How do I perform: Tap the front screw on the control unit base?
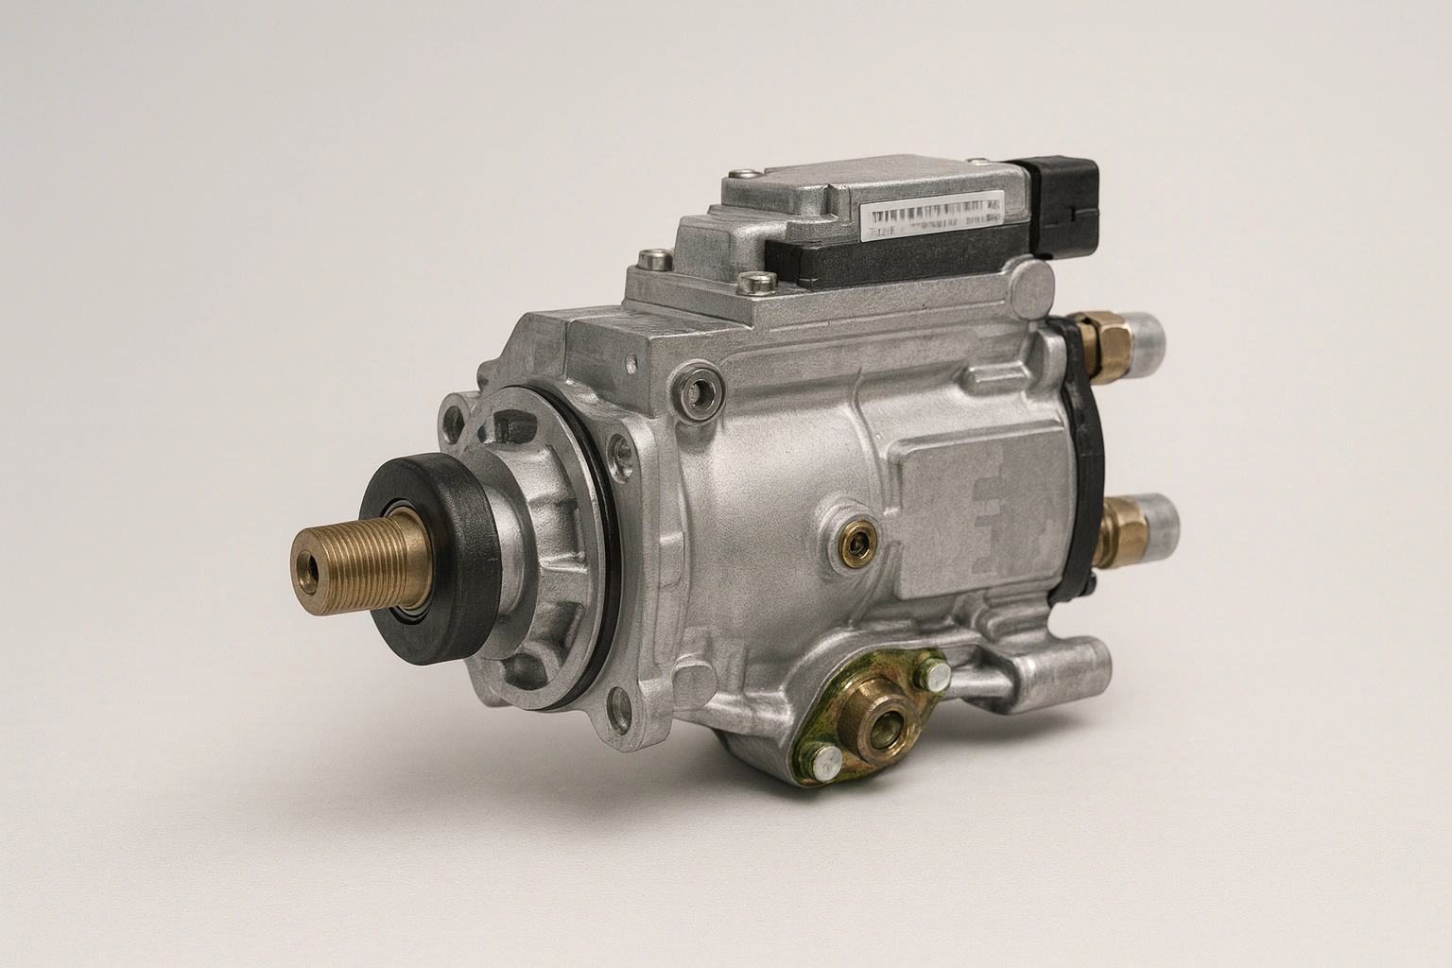click(x=752, y=280)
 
